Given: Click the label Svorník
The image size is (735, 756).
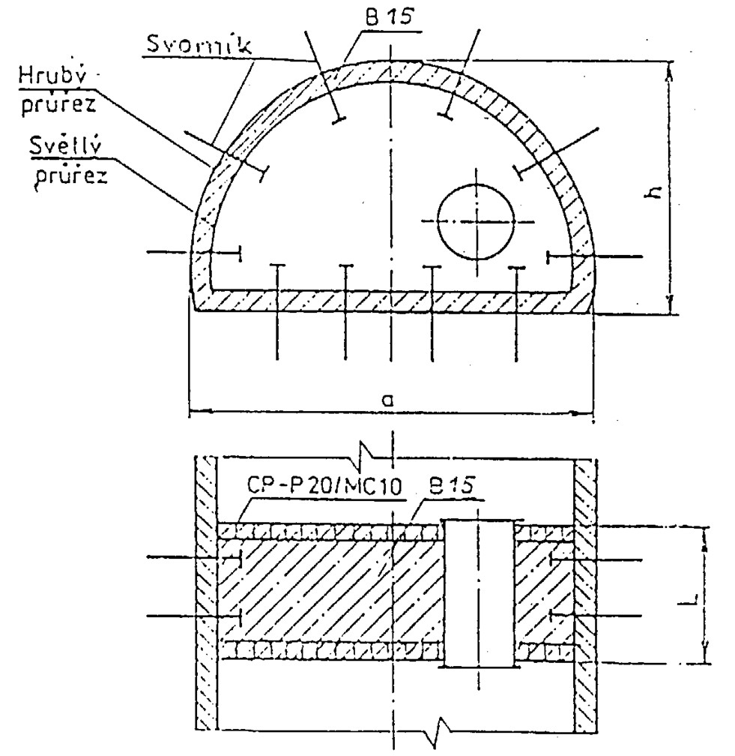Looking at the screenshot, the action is [199, 45].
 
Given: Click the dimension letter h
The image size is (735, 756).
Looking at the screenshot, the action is [653, 193].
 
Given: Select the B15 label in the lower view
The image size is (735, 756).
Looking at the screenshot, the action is [451, 485].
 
